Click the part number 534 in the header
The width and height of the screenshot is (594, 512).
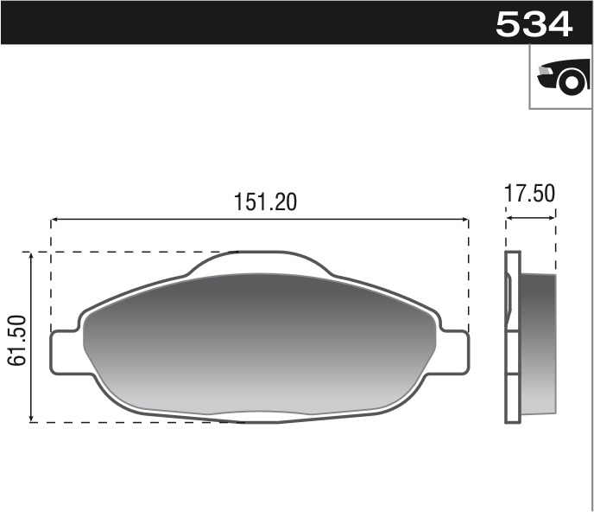tap(534, 23)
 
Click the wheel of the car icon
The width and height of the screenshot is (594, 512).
tap(571, 82)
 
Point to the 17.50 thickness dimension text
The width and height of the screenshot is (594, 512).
tap(530, 194)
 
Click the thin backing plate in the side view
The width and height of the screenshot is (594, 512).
tap(513, 337)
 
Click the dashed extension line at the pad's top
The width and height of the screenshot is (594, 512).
tap(130, 253)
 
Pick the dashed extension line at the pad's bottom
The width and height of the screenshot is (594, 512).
tap(130, 422)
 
